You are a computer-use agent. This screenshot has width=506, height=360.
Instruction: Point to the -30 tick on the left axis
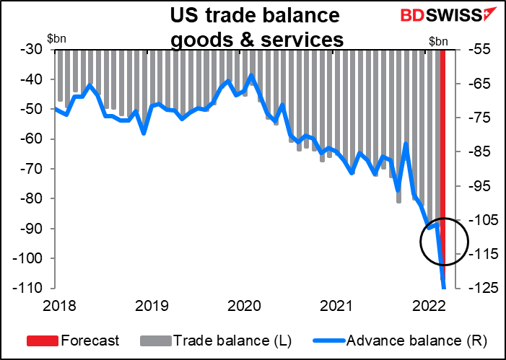tap(31, 50)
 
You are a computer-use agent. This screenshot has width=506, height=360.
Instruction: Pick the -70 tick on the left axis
tap(31, 169)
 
